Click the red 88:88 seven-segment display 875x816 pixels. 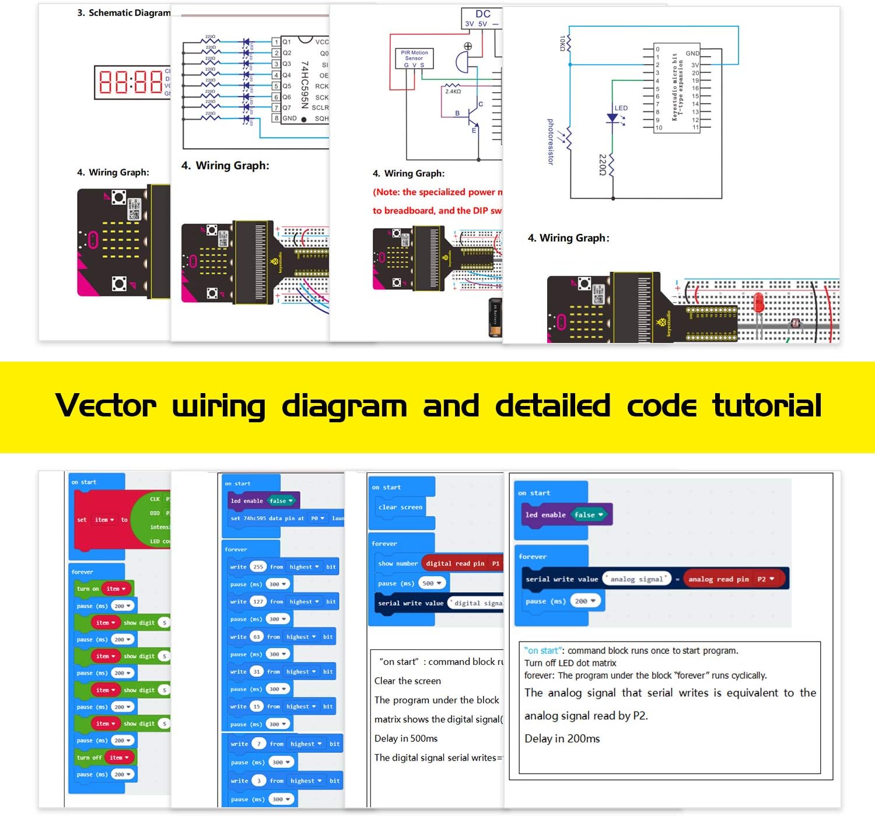(131, 82)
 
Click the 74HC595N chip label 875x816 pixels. (304, 85)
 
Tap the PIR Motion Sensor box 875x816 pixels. (414, 58)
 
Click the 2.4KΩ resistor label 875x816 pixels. (453, 92)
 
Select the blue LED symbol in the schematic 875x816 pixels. (612, 118)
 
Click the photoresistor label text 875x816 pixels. (550, 142)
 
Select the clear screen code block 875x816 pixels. (400, 507)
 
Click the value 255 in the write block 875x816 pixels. (258, 567)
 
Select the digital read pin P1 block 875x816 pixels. (461, 563)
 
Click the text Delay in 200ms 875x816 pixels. (562, 738)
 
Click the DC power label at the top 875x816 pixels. (482, 14)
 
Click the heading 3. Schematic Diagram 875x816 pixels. (124, 13)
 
